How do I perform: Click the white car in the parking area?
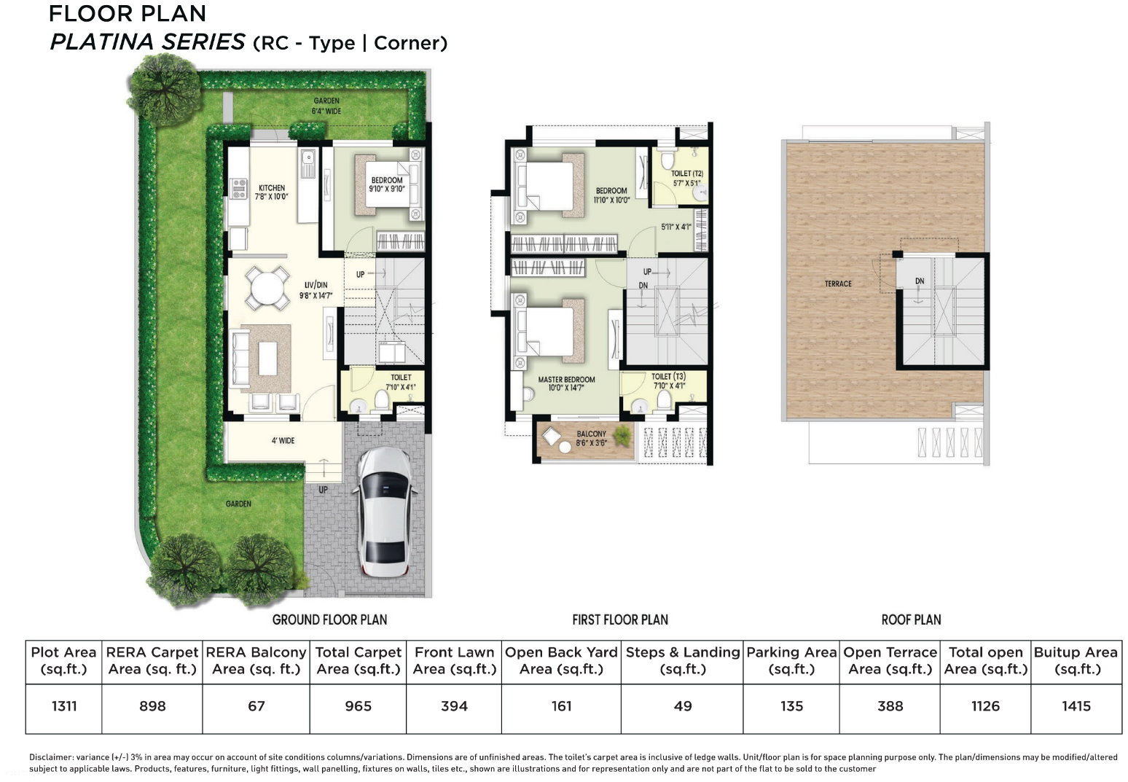coord(384,512)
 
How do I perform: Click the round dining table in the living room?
coord(266,289)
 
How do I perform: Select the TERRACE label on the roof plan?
coord(838,284)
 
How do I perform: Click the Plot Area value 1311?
coord(64,705)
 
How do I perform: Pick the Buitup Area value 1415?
coord(1076,705)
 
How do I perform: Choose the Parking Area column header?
coord(791,660)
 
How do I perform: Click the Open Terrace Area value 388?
coord(890,705)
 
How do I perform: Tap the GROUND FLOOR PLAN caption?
coord(329,619)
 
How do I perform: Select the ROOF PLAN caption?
coord(911,619)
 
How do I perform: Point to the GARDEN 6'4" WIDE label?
coord(326,106)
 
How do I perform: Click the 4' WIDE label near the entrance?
coord(283,440)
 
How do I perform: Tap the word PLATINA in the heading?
coord(101,42)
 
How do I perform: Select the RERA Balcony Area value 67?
coord(256,705)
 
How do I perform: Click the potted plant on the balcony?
coord(622,437)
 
